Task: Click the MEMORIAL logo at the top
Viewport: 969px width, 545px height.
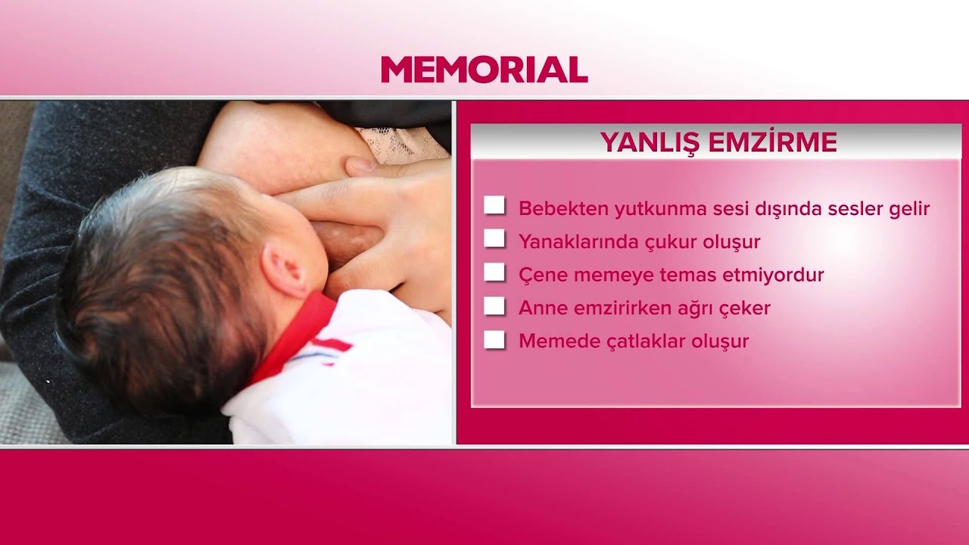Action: pos(484,70)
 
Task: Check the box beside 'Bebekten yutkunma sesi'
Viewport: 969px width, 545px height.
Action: pos(494,205)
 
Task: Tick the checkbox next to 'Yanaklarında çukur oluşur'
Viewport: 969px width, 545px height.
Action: pos(494,238)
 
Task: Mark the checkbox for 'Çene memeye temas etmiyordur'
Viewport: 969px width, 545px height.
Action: pos(494,272)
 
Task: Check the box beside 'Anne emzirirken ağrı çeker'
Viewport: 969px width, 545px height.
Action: pos(494,306)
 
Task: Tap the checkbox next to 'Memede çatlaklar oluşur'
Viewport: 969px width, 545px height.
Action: pos(494,339)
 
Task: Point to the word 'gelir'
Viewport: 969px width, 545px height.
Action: pos(908,208)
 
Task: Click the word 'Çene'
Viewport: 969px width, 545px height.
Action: pos(543,276)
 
